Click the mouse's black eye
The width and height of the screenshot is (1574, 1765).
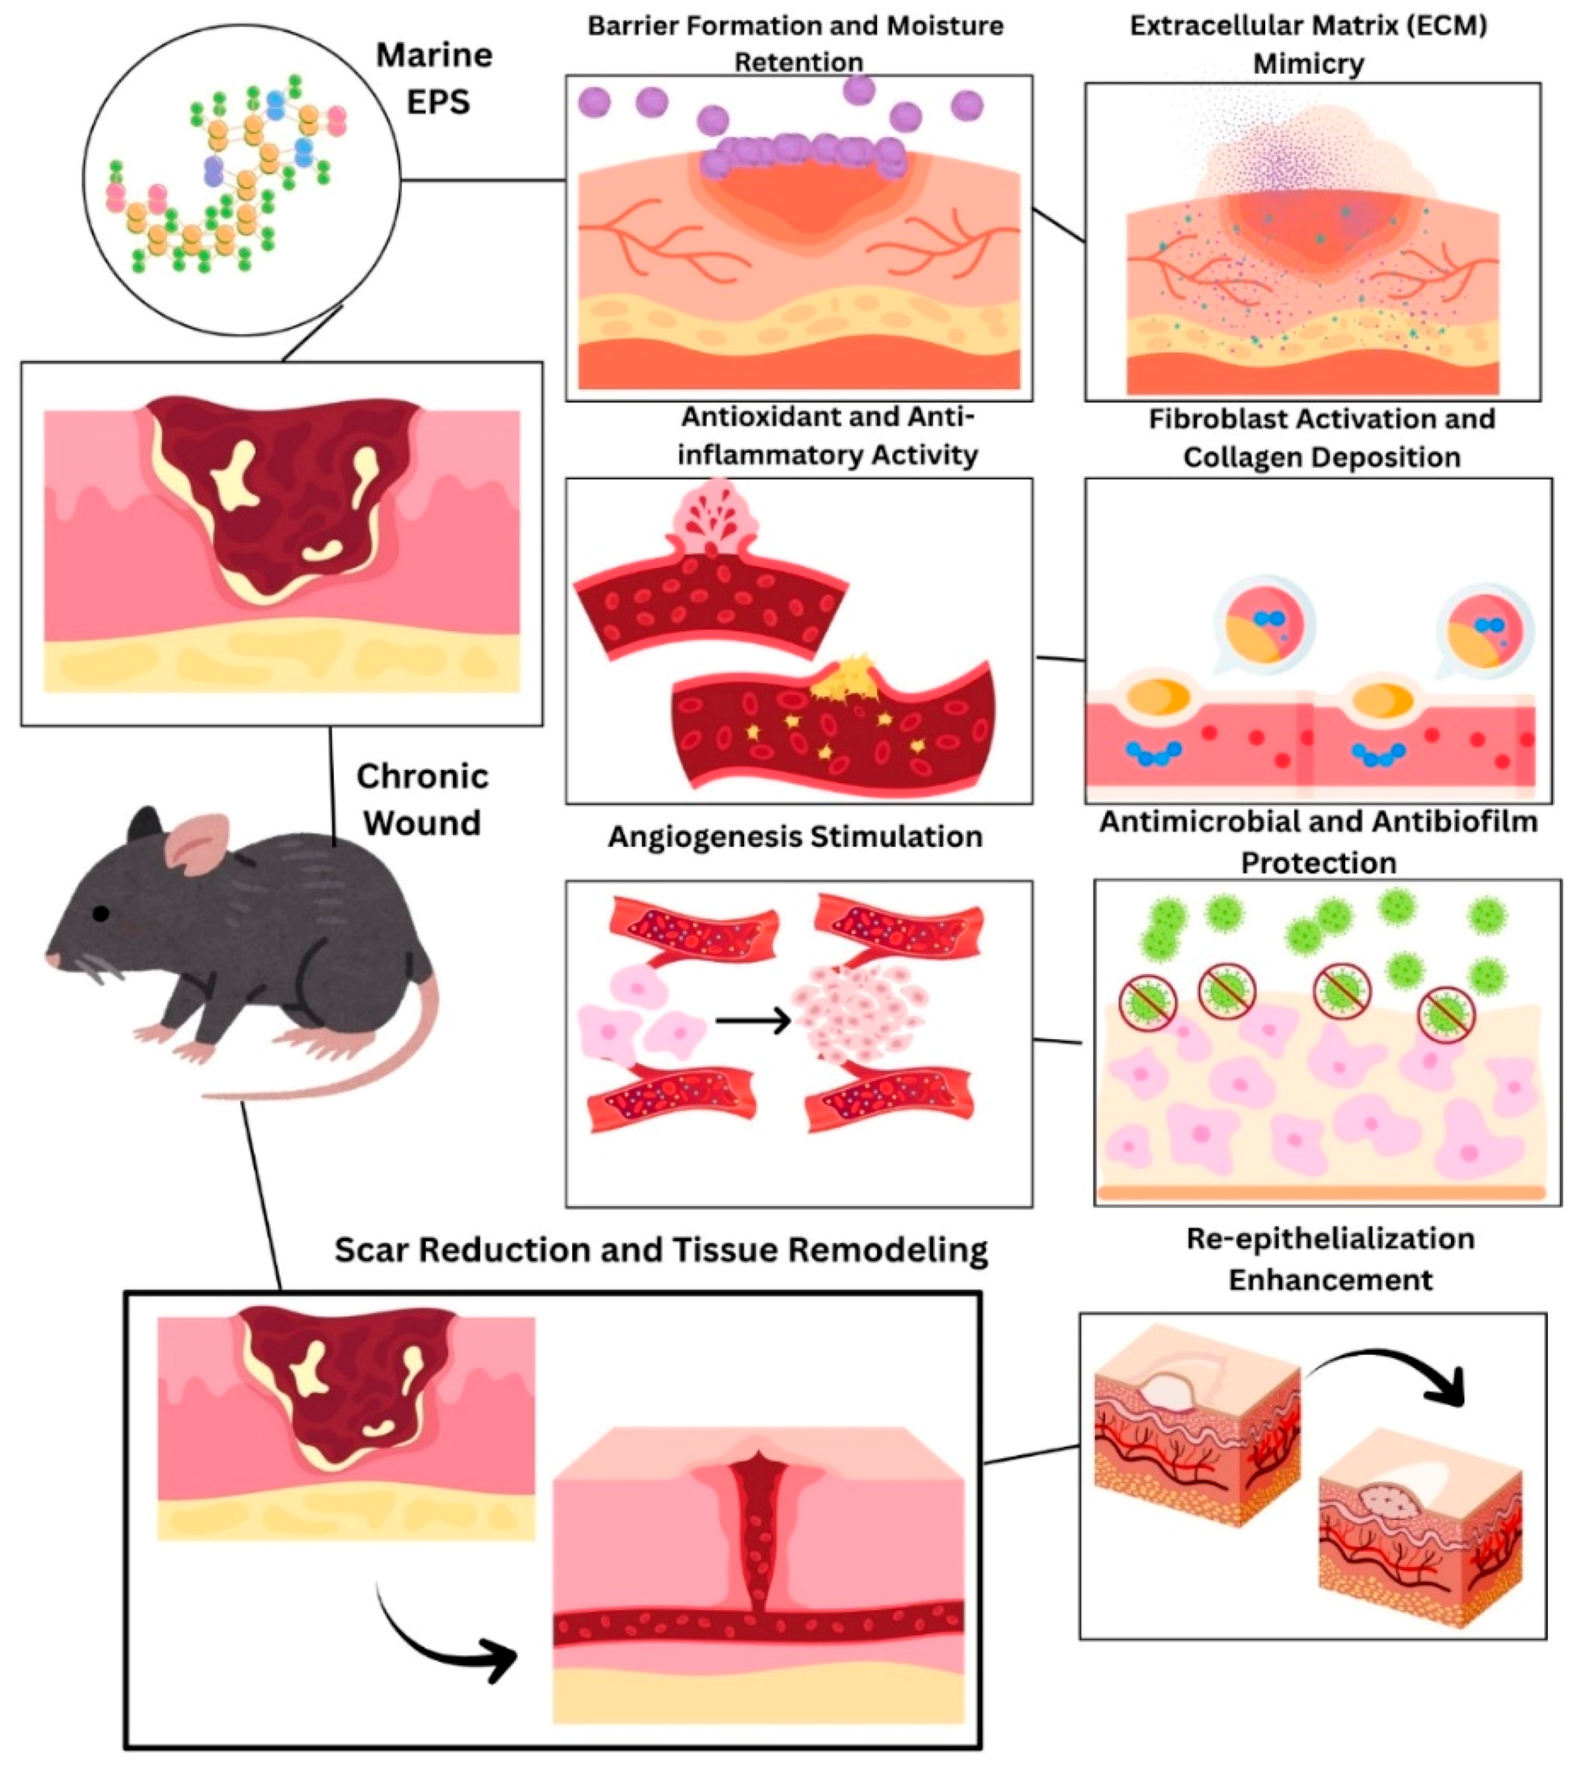pos(102,913)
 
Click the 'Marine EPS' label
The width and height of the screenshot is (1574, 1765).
pos(435,78)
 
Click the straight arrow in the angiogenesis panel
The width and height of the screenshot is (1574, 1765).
pos(753,1021)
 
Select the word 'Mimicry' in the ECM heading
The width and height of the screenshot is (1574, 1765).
pos(1308,64)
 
